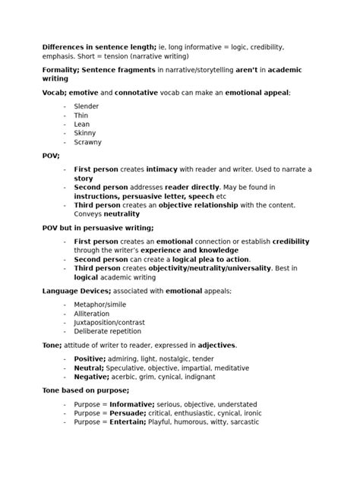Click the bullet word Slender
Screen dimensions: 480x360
(87, 106)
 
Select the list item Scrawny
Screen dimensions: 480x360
(88, 142)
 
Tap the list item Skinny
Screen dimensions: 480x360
(85, 133)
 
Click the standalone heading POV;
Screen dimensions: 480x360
(51, 156)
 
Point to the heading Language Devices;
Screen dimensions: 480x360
(77, 291)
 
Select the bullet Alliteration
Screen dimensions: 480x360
(92, 314)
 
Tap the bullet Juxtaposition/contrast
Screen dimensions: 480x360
(109, 323)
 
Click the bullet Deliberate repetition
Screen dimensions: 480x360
(107, 332)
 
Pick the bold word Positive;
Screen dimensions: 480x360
(90, 358)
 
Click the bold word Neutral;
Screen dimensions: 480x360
(89, 368)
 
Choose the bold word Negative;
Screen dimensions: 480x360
(92, 377)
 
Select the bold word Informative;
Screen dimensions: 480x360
(133, 404)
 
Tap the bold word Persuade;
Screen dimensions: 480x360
(129, 413)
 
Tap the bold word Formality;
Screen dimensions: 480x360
(60, 69)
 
